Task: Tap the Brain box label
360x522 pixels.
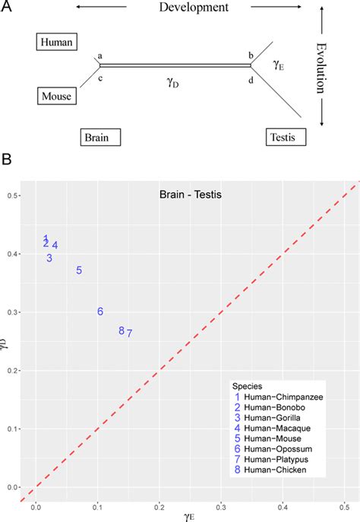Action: pyautogui.click(x=99, y=138)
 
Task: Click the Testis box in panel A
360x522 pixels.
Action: pyautogui.click(x=286, y=138)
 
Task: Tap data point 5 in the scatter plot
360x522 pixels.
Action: pyautogui.click(x=79, y=270)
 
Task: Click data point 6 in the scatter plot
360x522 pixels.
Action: pyautogui.click(x=100, y=312)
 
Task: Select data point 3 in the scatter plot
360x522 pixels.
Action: pyautogui.click(x=49, y=258)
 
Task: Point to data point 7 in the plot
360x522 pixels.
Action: pyautogui.click(x=130, y=333)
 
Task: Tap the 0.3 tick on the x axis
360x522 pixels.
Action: pyautogui.click(x=221, y=505)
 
